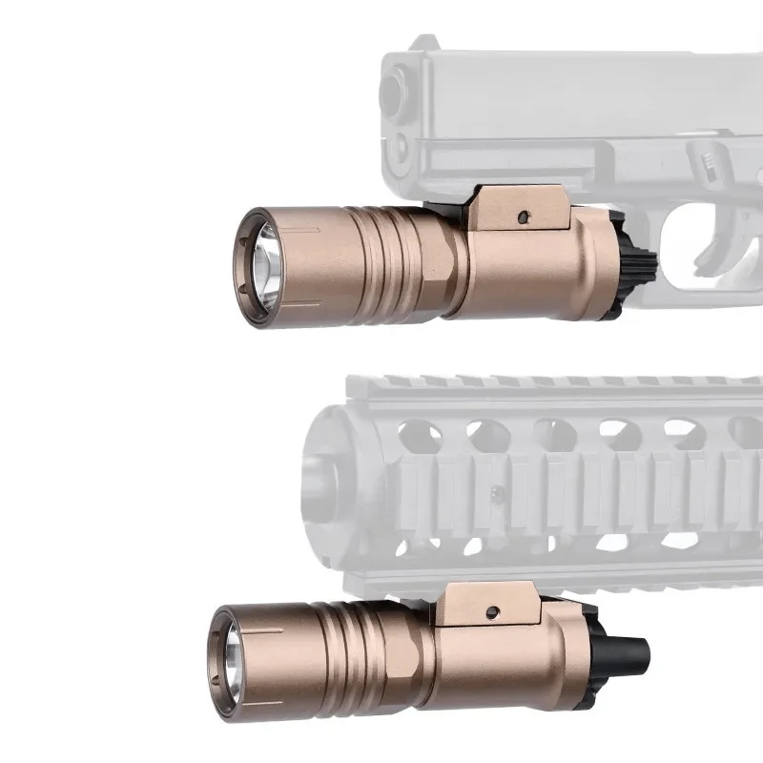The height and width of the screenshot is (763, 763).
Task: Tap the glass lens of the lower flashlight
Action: tap(236, 655)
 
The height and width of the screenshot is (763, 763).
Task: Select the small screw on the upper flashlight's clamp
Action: tap(522, 217)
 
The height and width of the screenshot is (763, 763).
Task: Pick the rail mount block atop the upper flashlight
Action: tap(520, 208)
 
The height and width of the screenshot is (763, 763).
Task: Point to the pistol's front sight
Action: tap(422, 43)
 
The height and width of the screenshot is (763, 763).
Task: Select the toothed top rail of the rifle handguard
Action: tap(553, 384)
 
